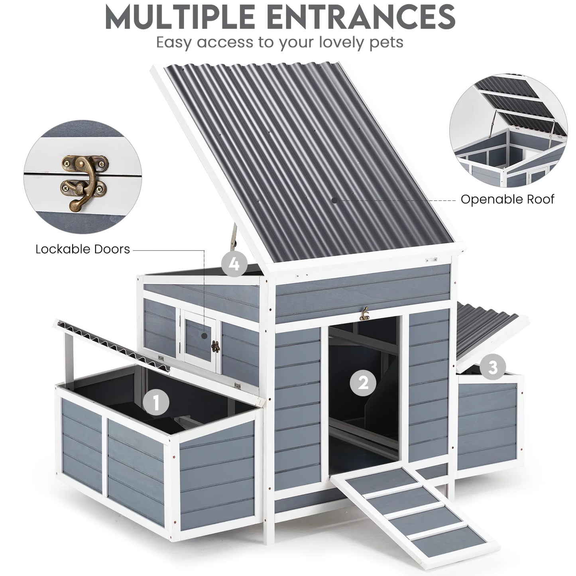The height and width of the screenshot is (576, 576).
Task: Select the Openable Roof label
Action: click(507, 199)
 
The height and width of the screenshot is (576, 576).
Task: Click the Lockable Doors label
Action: click(83, 249)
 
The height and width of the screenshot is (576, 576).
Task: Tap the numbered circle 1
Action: click(156, 402)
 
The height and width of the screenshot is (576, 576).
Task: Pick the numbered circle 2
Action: click(363, 383)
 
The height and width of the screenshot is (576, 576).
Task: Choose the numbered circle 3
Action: click(493, 368)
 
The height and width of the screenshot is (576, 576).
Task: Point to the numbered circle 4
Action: click(235, 263)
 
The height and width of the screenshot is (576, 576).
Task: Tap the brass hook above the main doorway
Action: click(364, 314)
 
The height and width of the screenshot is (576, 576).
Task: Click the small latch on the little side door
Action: click(216, 347)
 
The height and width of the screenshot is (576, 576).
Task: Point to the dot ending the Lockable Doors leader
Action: click(204, 336)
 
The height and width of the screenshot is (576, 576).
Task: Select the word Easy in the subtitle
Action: click(175, 42)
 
